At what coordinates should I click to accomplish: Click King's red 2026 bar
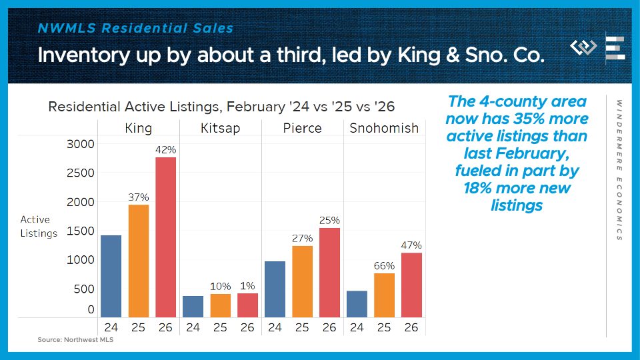click(166, 237)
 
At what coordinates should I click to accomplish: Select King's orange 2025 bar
click(139, 261)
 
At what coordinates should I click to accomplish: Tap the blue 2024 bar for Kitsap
click(193, 307)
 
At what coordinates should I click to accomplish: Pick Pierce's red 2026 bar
click(329, 273)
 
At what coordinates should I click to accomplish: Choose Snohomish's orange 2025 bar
click(384, 295)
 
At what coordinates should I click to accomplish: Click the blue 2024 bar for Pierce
click(275, 289)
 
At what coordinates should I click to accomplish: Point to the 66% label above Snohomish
click(384, 266)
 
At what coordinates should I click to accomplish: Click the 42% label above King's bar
click(166, 150)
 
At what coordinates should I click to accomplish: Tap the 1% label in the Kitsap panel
click(247, 286)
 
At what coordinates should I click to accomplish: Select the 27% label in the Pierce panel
click(302, 239)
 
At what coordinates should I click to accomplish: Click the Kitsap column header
click(220, 128)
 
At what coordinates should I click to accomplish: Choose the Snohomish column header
click(384, 128)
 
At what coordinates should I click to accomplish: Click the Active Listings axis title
click(39, 226)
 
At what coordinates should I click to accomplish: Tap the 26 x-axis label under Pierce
click(329, 327)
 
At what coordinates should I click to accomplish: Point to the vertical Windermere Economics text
click(619, 170)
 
